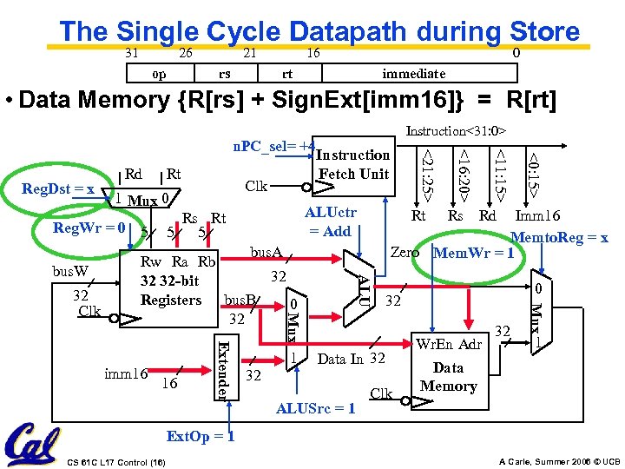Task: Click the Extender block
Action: click(223, 368)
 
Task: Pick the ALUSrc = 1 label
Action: click(314, 408)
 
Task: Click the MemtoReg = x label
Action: click(559, 236)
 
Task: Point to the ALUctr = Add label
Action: click(331, 222)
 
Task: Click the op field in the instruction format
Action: click(161, 74)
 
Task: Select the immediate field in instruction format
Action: click(414, 74)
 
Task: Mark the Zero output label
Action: click(405, 253)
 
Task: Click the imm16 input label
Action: click(125, 374)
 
